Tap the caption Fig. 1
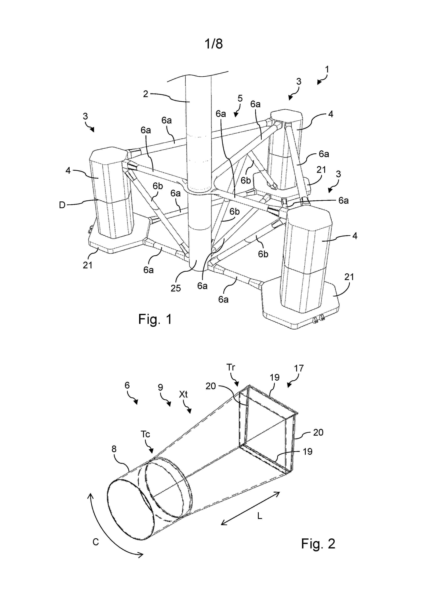click(155, 319)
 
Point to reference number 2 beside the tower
click(145, 94)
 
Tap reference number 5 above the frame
click(240, 98)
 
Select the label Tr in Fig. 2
click(231, 367)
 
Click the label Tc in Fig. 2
click(145, 434)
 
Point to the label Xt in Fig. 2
click(183, 394)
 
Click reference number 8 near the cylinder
click(114, 449)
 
